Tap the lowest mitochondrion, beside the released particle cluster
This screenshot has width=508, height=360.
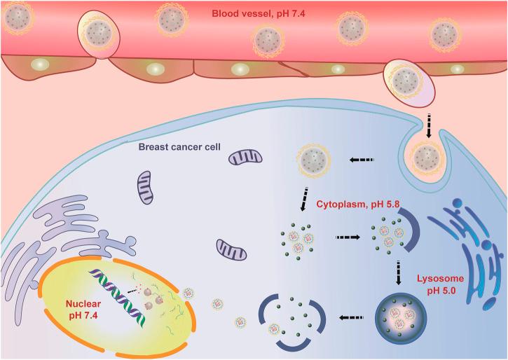[231, 249]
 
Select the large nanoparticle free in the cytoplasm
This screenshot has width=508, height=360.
[314, 160]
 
